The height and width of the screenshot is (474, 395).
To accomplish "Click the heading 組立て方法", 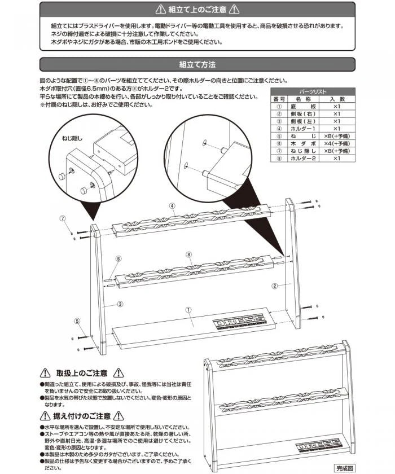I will click(197, 64).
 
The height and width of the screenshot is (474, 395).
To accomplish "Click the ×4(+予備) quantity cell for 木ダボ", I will click(333, 143).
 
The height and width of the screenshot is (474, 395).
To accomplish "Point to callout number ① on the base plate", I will click(188, 309).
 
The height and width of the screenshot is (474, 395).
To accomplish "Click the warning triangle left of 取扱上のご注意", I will click(45, 373).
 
